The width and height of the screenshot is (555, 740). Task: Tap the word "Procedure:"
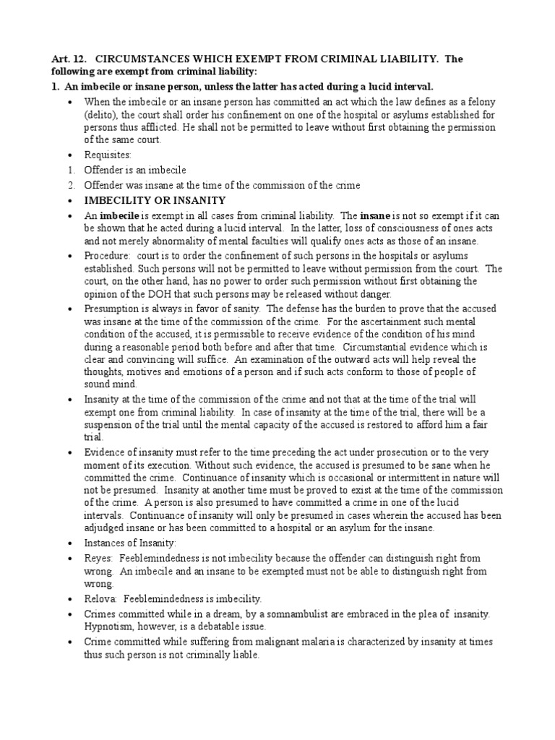108,256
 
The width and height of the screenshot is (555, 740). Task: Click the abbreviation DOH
161,294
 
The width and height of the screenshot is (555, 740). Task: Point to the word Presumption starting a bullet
114,309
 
